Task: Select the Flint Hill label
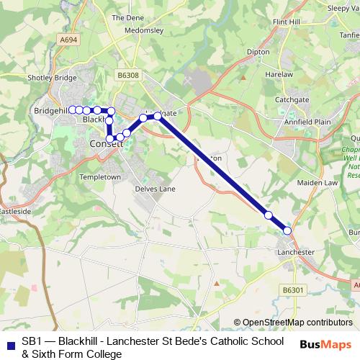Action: (x=287, y=22)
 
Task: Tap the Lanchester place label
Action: (x=296, y=252)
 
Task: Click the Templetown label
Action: (x=101, y=176)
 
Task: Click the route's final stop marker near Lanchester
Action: (x=287, y=230)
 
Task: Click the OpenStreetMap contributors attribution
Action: (x=297, y=323)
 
